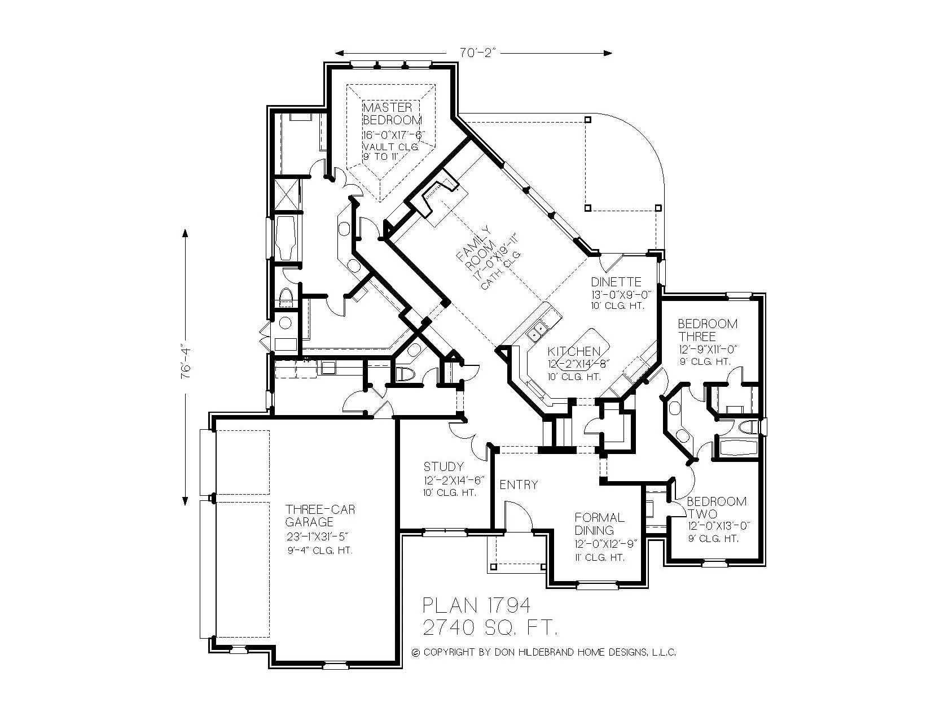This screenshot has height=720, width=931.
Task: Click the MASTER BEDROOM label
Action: [x=392, y=114]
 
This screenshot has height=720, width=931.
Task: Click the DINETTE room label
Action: [x=616, y=282]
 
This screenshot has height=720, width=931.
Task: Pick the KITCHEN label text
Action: [x=574, y=352]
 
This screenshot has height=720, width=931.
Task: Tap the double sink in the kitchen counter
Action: [x=537, y=330]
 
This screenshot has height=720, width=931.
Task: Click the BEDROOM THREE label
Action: [x=707, y=330]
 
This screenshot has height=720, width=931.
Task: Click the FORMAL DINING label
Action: [x=599, y=523]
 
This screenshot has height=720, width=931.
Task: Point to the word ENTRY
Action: [x=519, y=485]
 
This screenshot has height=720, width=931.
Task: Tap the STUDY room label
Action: [x=443, y=466]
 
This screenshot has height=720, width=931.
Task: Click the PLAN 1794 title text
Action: [x=477, y=605]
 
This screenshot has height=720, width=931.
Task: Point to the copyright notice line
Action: [x=544, y=652]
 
